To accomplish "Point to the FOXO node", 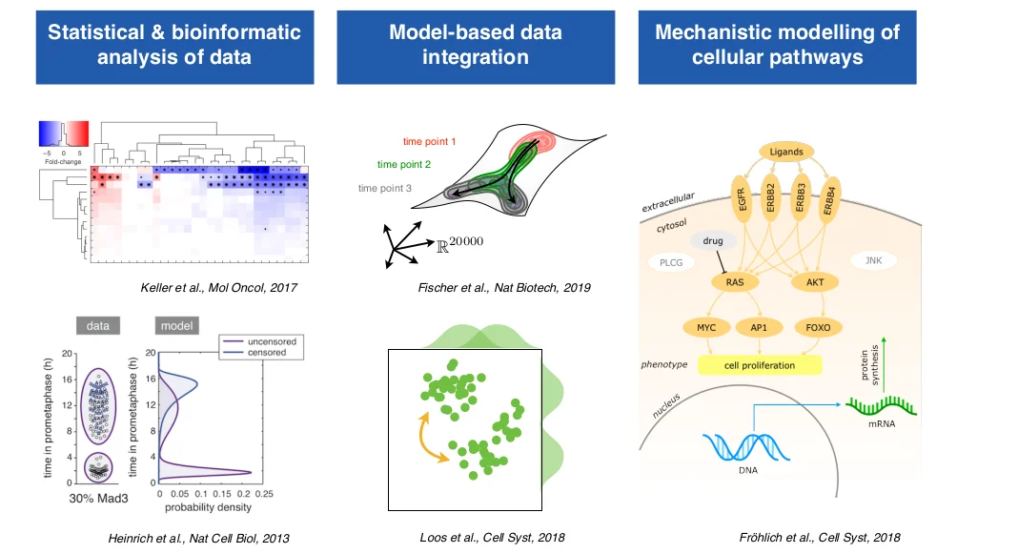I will tap(818, 327).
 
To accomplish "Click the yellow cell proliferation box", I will tap(759, 364).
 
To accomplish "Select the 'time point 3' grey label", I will tap(384, 188).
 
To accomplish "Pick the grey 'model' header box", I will tap(174, 325).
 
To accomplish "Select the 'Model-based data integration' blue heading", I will tap(476, 45).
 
